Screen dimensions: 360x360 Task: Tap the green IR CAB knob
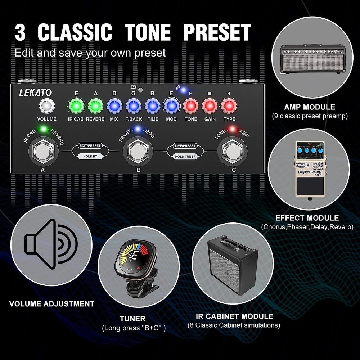(x=76, y=106)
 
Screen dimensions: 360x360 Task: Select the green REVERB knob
(x=95, y=106)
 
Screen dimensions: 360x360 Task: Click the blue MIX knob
(x=114, y=106)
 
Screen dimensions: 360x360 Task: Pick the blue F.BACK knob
(x=134, y=106)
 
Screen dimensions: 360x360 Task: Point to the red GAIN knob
(x=210, y=106)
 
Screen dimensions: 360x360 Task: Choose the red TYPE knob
(x=229, y=106)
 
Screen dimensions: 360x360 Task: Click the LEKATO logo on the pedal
(x=36, y=93)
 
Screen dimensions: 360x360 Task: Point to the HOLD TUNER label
(x=185, y=156)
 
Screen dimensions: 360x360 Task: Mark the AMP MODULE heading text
(x=309, y=107)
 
